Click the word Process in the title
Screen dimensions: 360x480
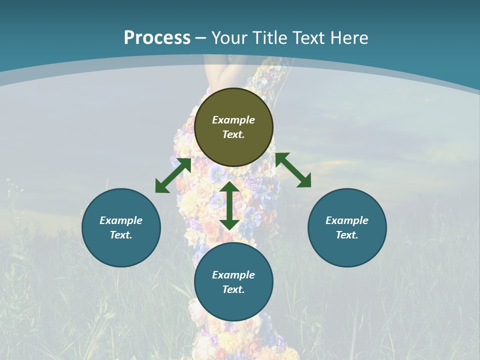(x=157, y=38)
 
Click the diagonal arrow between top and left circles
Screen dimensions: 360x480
(x=173, y=175)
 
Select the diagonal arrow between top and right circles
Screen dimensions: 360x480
(x=293, y=170)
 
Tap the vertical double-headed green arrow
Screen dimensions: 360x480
(x=229, y=205)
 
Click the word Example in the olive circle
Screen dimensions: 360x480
(x=233, y=120)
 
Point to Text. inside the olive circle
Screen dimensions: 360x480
(x=233, y=134)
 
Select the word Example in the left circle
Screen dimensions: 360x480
(x=121, y=220)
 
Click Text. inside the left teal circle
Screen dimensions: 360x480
(x=121, y=235)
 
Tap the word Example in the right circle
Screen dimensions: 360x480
(x=347, y=220)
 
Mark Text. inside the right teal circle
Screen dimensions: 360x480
(x=347, y=235)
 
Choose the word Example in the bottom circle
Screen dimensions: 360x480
(x=233, y=275)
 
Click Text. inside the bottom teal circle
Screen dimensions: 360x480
(x=233, y=289)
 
